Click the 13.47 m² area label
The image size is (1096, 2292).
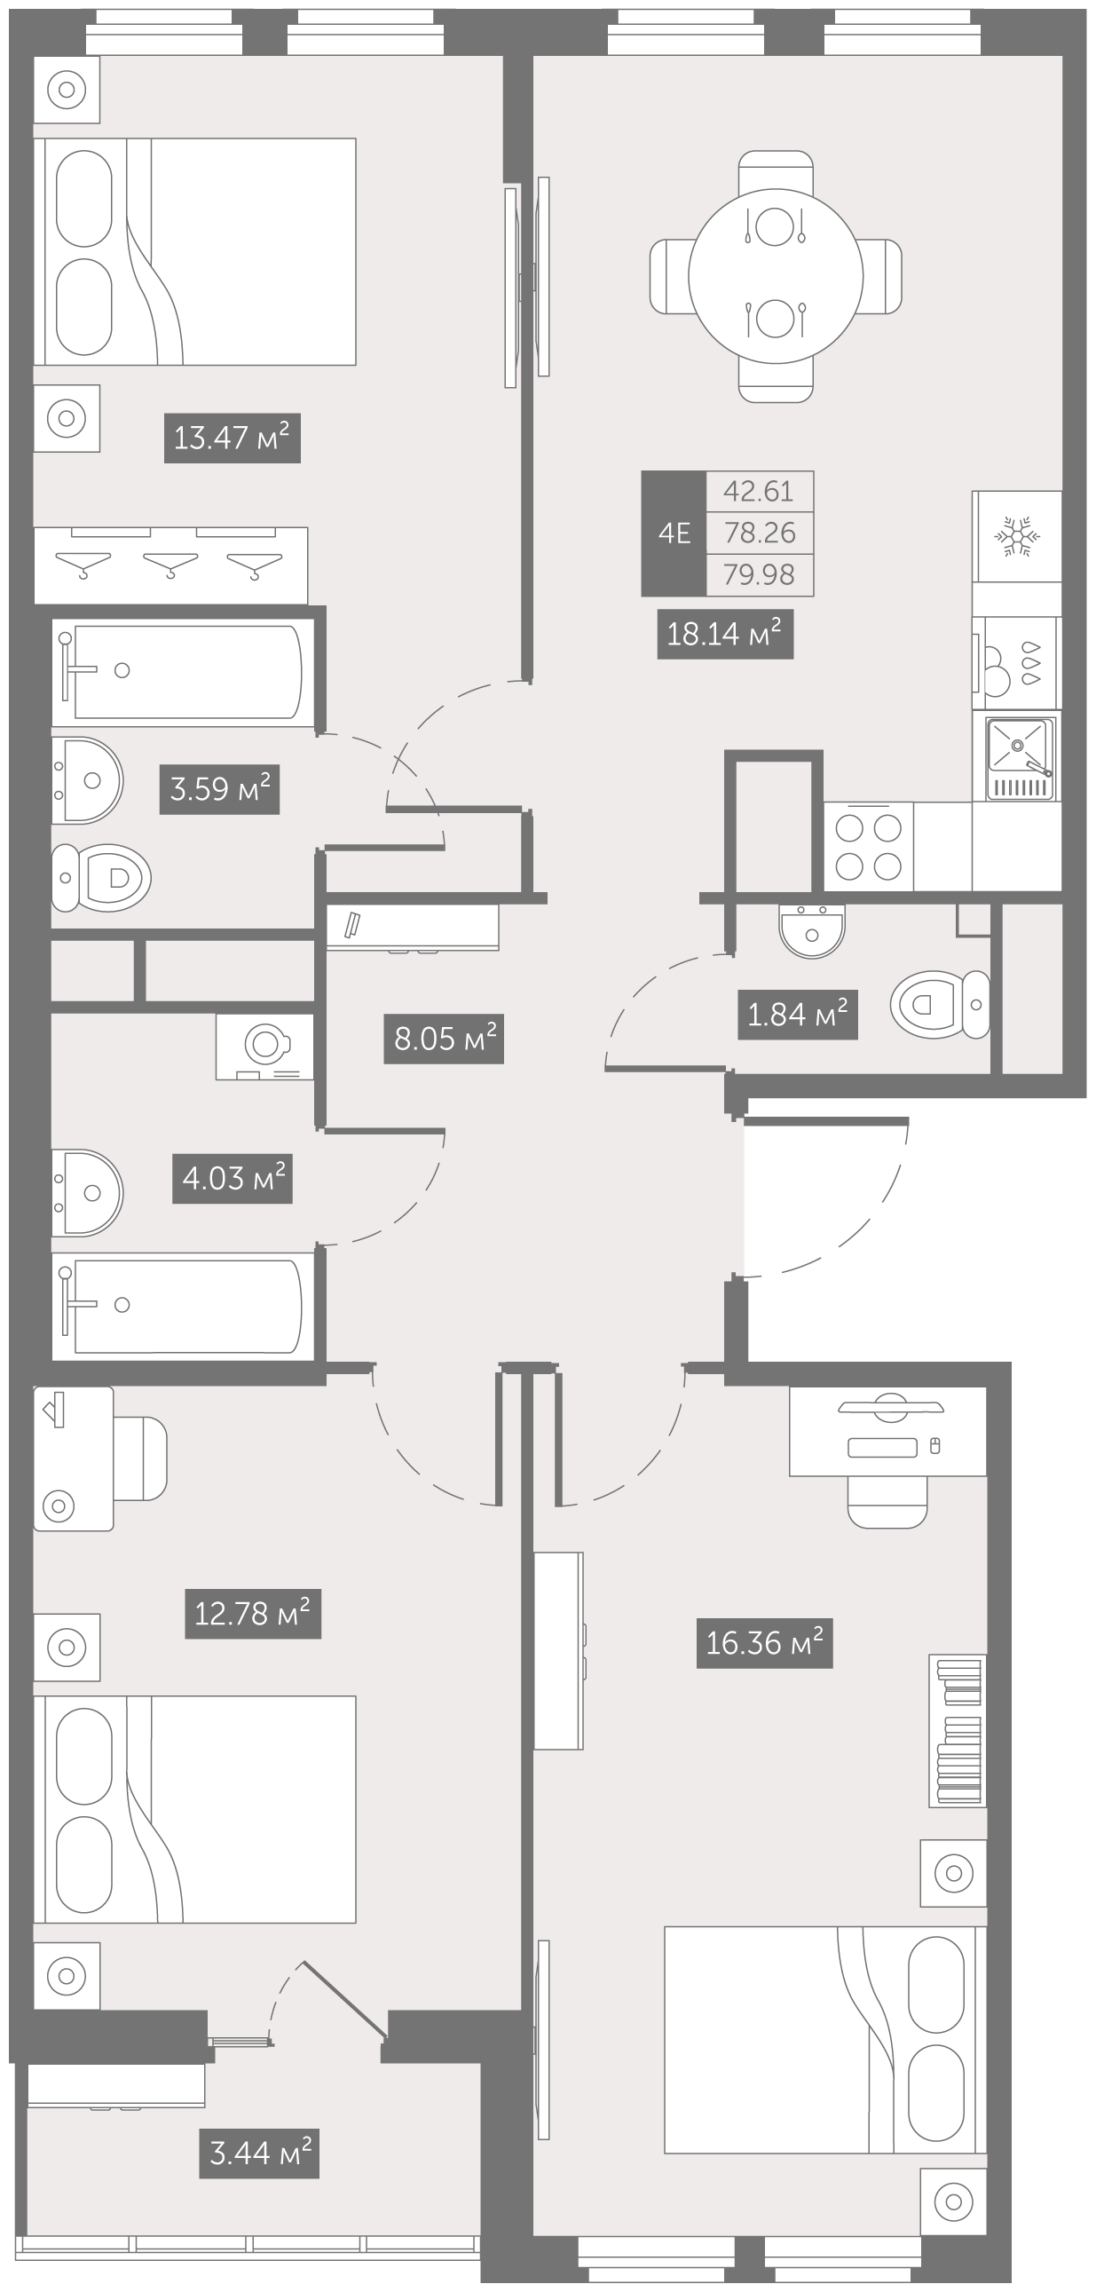click(233, 438)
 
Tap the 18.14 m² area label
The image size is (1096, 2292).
click(725, 635)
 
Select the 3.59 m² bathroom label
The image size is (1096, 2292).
click(220, 789)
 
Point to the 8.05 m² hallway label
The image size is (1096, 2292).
click(444, 1039)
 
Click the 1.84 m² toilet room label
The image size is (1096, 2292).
click(798, 1015)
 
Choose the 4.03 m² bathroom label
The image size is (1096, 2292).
click(233, 1179)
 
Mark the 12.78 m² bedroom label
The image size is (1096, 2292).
click(253, 1614)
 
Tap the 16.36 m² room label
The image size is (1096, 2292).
click(764, 1642)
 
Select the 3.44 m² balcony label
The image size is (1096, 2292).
click(259, 2154)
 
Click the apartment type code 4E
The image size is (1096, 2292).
click(674, 533)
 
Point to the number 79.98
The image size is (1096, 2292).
click(759, 575)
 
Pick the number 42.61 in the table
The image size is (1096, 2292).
click(759, 491)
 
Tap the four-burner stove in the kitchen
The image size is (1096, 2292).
click(868, 846)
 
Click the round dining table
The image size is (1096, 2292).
click(776, 277)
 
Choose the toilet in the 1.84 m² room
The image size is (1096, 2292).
click(940, 1005)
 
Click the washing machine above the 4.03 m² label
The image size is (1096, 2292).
click(264, 1047)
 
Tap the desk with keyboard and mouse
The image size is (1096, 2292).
click(887, 1431)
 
